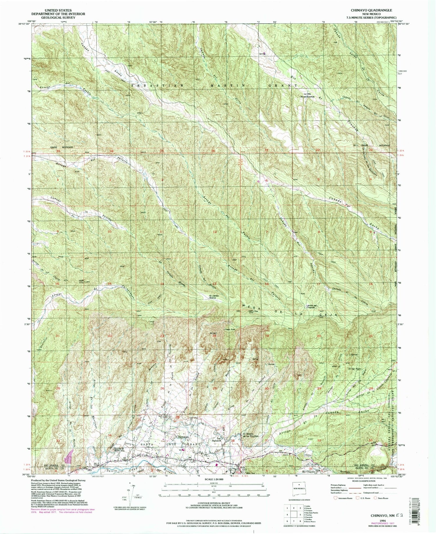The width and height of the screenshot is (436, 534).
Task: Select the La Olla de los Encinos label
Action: click(309, 95)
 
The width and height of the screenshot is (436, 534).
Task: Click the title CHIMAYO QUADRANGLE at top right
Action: click(371, 10)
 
